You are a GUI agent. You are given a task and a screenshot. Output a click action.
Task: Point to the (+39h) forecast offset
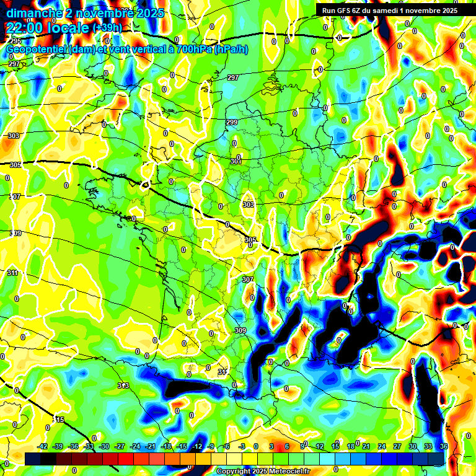[x=107, y=28]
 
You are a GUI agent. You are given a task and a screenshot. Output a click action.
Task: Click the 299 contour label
[x=232, y=123]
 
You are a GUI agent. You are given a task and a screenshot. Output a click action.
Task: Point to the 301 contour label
[x=236, y=162]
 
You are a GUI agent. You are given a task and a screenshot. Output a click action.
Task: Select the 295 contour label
[x=15, y=41]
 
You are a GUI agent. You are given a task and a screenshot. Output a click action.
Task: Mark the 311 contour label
[x=13, y=273]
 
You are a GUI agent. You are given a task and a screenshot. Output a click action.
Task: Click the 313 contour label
[x=123, y=386]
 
